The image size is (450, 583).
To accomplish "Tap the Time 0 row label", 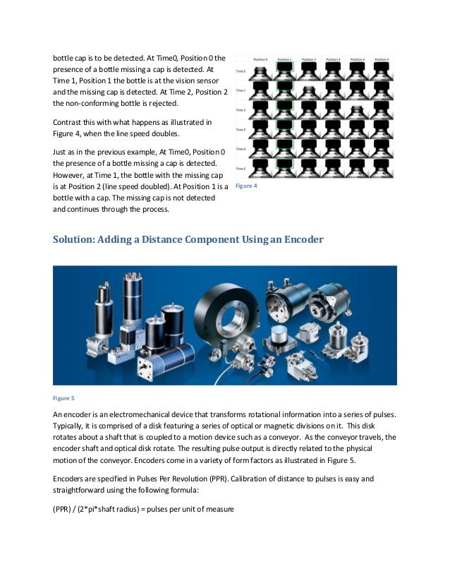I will (241, 71).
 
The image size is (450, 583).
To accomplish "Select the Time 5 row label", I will (241, 169).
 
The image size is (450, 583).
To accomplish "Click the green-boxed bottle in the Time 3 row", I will (284, 130).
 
